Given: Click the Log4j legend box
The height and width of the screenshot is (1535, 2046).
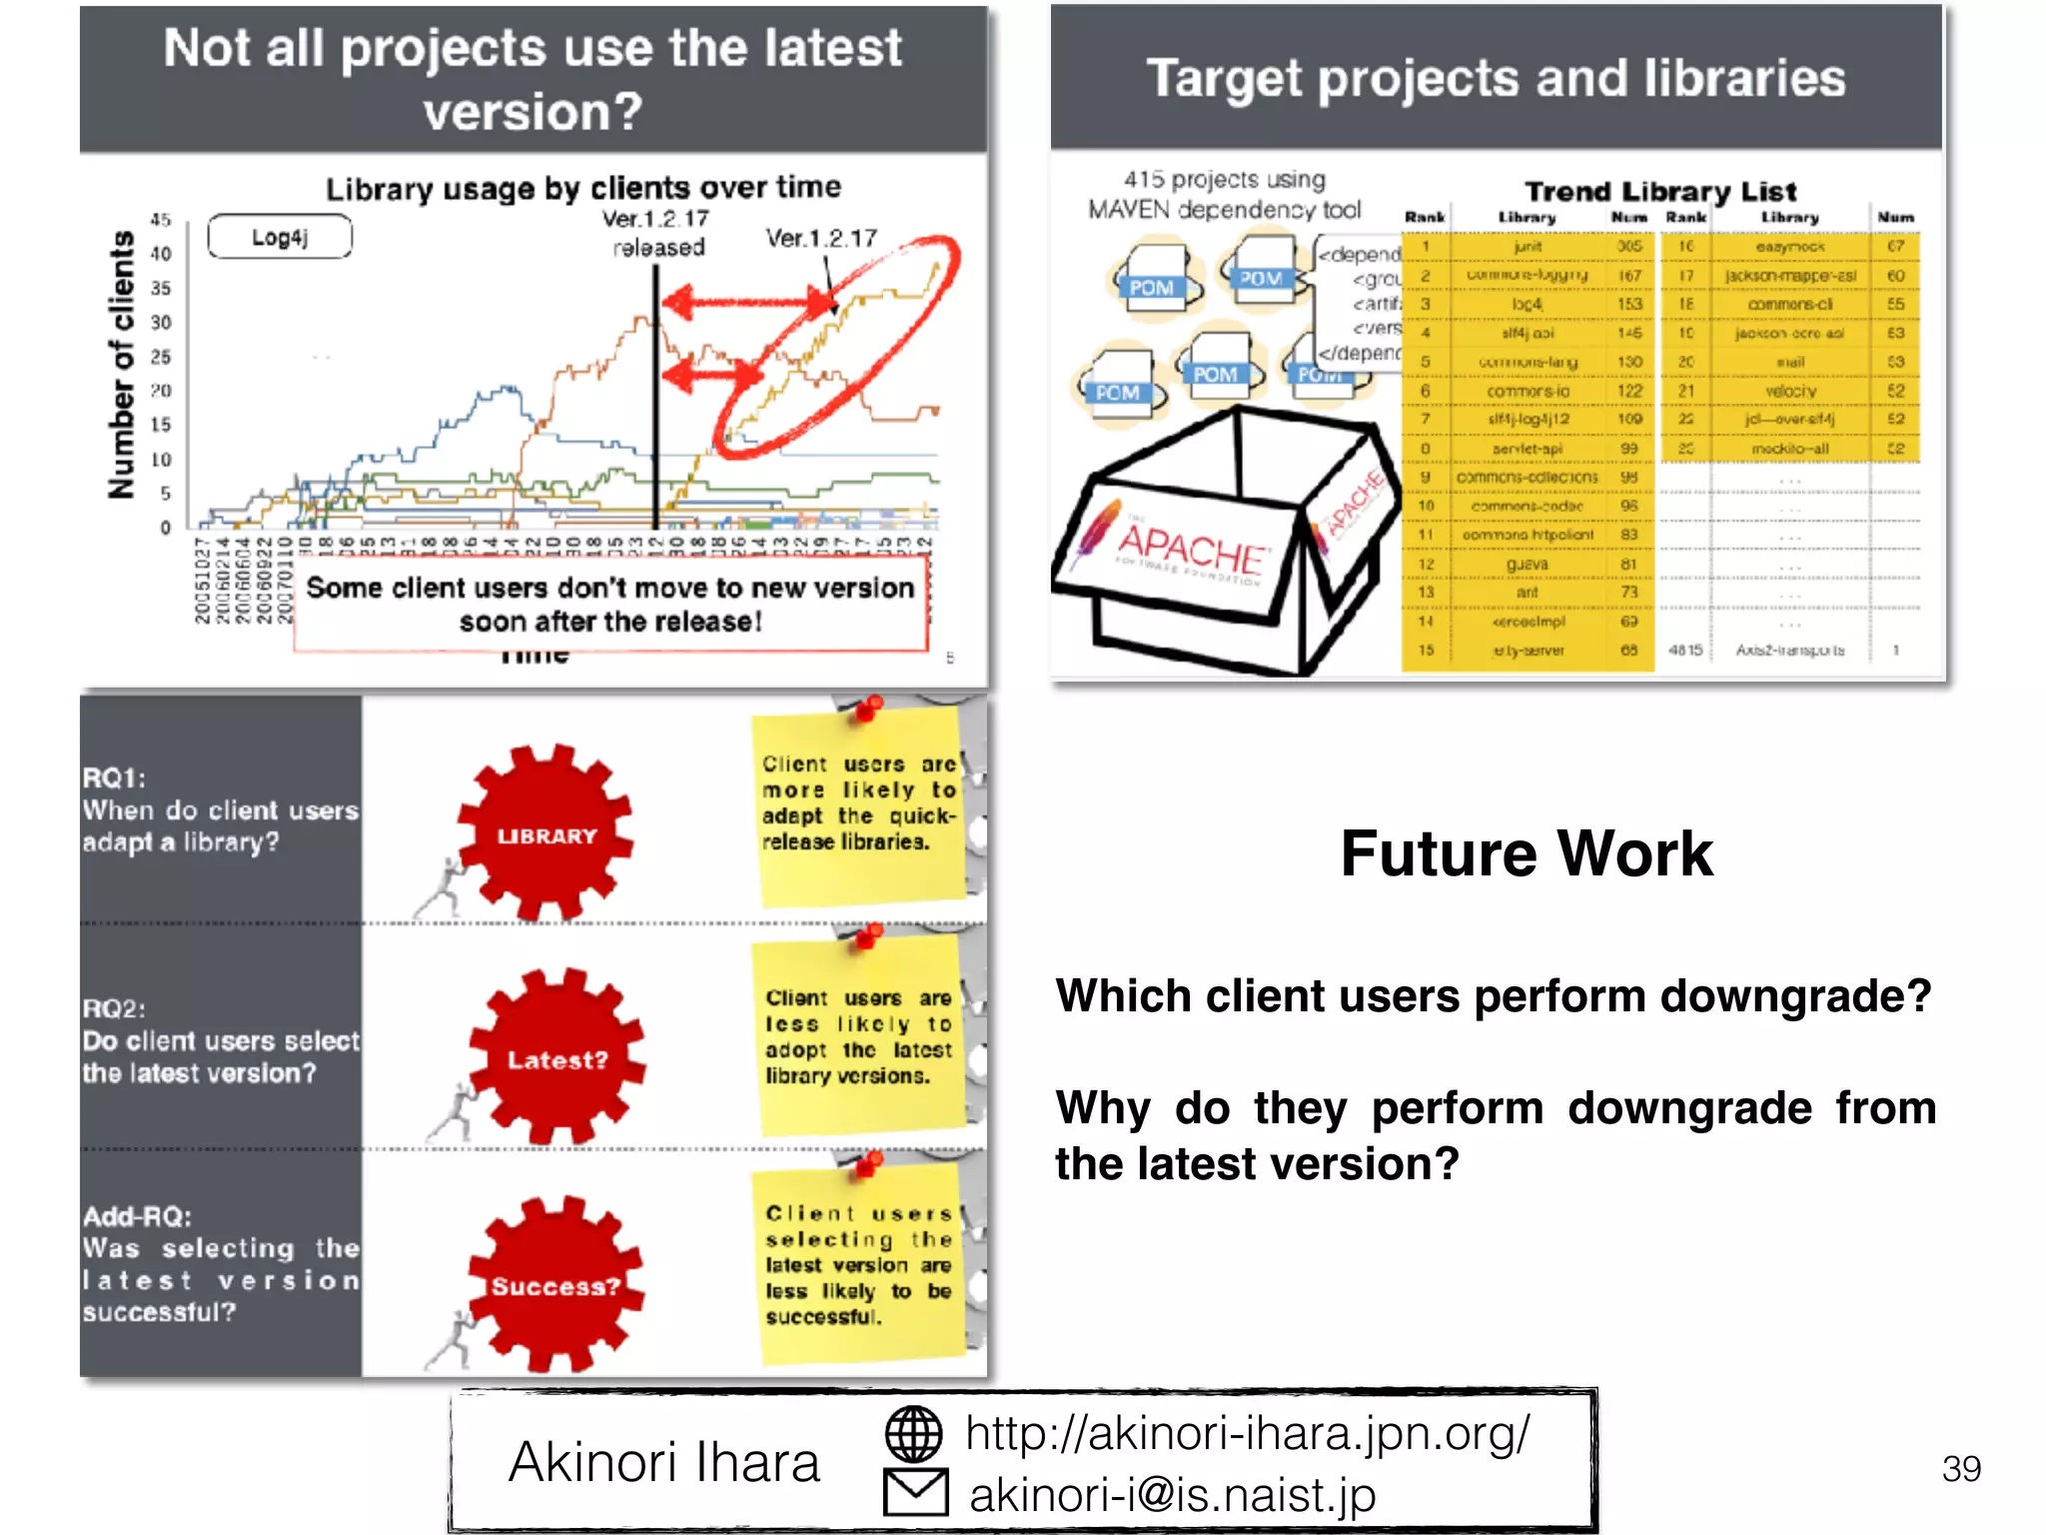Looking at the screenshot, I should (x=280, y=237).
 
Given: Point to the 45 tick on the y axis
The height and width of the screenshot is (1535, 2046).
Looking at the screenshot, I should (x=161, y=219).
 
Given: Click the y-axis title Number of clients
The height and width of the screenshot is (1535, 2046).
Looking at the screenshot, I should (x=122, y=365).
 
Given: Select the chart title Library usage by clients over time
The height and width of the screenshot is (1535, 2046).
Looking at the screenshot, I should (x=583, y=188).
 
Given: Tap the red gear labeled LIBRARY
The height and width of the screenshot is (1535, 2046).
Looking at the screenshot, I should (x=545, y=834).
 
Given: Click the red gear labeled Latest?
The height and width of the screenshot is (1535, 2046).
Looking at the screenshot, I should (x=556, y=1058).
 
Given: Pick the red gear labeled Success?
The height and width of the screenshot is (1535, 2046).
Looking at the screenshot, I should (x=554, y=1285).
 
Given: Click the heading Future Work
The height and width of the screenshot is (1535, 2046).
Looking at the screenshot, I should (x=1527, y=854).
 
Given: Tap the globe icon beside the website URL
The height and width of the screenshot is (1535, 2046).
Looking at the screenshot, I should (x=913, y=1433).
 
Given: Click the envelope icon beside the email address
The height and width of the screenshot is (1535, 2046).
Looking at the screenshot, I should (x=915, y=1492).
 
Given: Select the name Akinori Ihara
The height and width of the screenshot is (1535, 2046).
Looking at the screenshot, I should (x=664, y=1462).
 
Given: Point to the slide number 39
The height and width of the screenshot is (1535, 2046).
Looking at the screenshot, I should (x=1961, y=1468).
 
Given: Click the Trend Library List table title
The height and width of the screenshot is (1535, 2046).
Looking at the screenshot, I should (x=1660, y=191).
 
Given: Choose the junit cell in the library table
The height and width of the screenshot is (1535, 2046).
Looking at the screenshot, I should (x=1528, y=246).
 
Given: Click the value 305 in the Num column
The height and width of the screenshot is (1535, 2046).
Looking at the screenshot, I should (x=1629, y=246).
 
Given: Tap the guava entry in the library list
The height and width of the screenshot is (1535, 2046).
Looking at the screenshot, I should (x=1528, y=565).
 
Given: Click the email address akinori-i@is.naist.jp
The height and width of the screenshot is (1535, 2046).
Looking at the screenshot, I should (x=1172, y=1495).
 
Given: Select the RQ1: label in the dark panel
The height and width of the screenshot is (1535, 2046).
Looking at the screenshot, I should (x=114, y=777).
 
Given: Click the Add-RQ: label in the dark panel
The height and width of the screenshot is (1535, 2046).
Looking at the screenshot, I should (x=137, y=1216).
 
